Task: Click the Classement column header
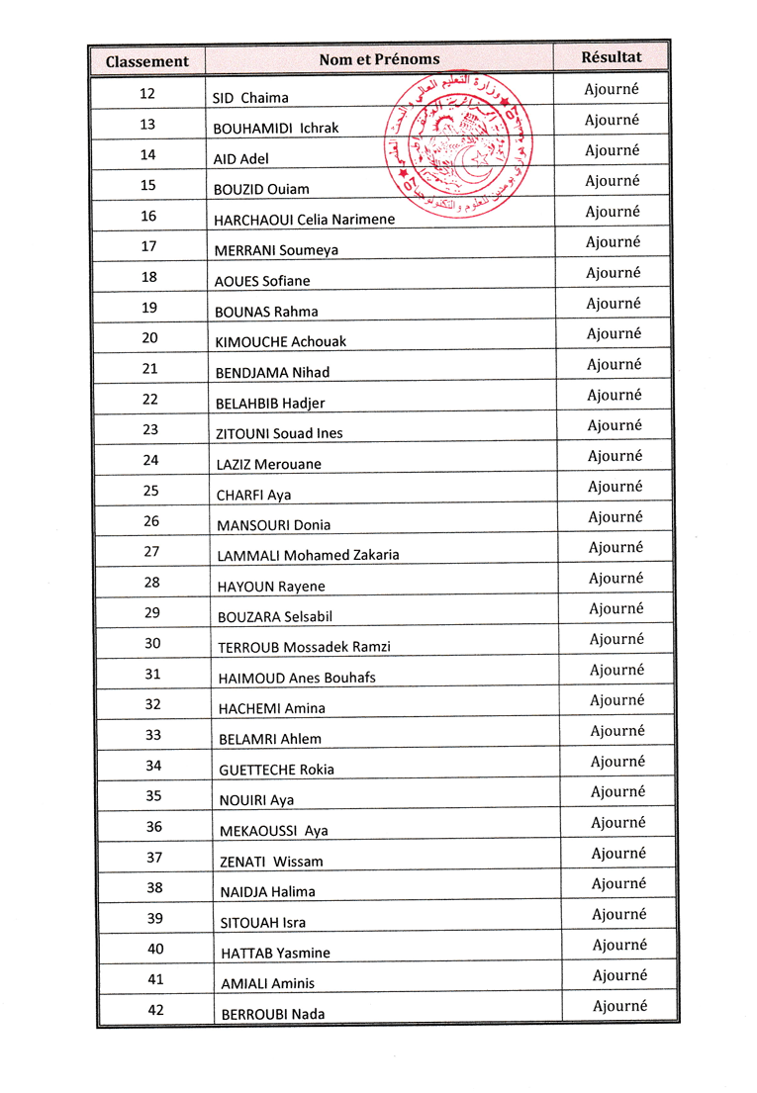coord(146,61)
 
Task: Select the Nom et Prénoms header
coord(379,59)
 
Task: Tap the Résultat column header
coord(612,57)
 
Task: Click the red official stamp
coord(458,145)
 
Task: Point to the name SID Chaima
coord(250,98)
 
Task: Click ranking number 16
coord(148,216)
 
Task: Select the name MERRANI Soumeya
coord(276,250)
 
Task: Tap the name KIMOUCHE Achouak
coord(281,342)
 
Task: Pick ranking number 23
coord(150,429)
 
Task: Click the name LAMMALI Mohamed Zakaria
coord(308,556)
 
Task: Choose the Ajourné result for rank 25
coord(615,487)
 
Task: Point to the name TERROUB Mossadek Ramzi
coord(304,648)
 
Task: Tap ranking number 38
coord(154,887)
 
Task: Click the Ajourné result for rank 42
coord(620,1006)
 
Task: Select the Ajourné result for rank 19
coord(613,304)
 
